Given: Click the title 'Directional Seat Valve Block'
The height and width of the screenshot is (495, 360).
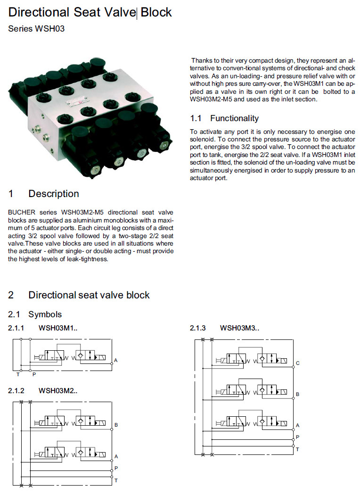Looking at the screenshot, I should (x=90, y=12).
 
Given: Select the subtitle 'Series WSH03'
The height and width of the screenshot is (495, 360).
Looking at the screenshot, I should (x=36, y=29).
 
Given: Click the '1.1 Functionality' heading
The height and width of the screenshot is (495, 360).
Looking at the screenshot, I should (x=224, y=118).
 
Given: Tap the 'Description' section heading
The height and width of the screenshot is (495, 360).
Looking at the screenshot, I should (x=54, y=194).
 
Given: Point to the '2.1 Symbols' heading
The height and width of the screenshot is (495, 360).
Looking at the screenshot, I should (x=35, y=314).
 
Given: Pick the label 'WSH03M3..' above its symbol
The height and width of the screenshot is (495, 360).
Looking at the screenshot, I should (x=239, y=328).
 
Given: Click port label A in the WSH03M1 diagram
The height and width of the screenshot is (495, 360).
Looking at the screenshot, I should (x=115, y=361).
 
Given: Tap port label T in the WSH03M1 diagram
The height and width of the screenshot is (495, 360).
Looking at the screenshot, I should (x=18, y=375).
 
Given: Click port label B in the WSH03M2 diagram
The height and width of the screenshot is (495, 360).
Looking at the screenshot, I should (x=116, y=425).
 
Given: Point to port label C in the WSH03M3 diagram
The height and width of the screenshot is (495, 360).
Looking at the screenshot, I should (x=297, y=363).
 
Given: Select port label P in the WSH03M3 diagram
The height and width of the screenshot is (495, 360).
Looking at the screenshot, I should (x=297, y=437).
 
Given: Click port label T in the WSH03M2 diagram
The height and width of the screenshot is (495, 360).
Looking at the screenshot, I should (x=116, y=480).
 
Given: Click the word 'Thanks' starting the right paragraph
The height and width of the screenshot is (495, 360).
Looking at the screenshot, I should (x=203, y=61).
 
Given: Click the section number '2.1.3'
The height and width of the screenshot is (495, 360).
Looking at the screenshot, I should (x=198, y=328).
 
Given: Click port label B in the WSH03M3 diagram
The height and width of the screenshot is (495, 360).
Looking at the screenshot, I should (x=297, y=394).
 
